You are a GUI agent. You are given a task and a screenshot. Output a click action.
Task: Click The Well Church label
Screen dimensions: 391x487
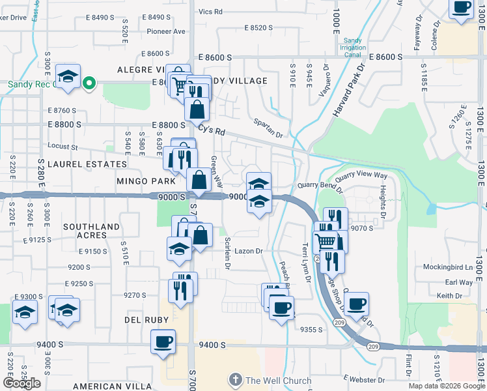coord(278,381)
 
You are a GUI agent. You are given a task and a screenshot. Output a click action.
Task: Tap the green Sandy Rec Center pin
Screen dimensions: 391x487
coord(91,83)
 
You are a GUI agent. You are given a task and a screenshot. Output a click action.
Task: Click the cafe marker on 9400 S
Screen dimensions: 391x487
coord(163,341)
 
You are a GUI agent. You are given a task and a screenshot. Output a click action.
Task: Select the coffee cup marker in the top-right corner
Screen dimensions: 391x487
coord(461,8)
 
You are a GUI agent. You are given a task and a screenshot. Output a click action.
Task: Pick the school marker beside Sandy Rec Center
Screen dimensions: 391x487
coord(68,77)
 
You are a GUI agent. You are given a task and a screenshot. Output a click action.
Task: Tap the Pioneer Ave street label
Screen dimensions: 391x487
coord(166,31)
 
